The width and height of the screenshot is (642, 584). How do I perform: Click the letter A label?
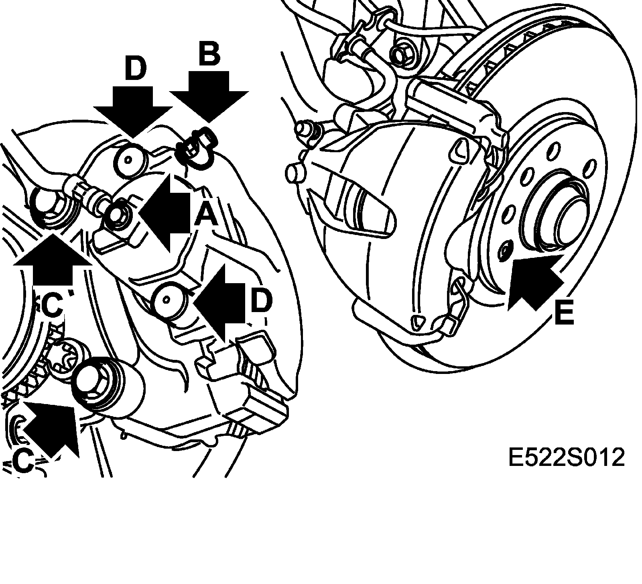(x=206, y=215)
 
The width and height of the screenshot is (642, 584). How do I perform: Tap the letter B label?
(x=209, y=54)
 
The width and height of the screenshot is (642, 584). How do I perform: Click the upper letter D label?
(x=136, y=69)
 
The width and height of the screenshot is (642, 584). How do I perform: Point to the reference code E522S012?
(x=566, y=457)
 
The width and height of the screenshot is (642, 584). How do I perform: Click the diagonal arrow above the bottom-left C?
(x=52, y=426)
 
